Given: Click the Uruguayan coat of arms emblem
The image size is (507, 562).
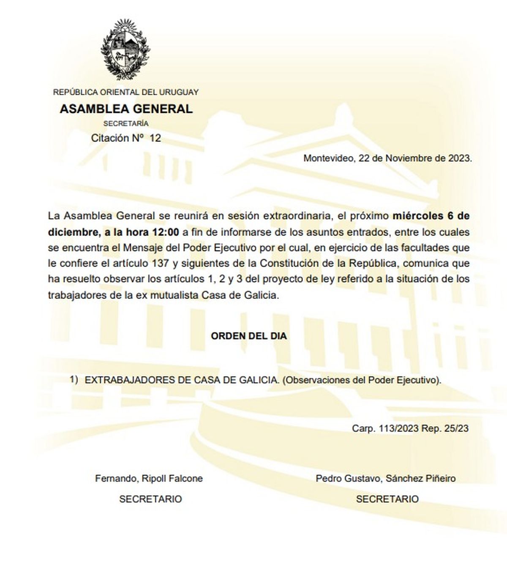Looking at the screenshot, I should (125, 49).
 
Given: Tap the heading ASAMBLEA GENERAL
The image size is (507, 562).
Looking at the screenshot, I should (126, 109).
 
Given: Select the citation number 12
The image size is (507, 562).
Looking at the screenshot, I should (155, 138).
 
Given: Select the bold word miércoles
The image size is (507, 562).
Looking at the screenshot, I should (417, 216).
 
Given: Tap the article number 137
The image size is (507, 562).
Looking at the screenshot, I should (158, 263).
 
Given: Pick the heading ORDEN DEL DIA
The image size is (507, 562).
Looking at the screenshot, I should (248, 336).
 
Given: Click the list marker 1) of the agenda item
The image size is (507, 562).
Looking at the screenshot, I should (74, 379).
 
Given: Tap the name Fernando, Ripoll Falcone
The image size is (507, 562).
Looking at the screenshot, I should (149, 478).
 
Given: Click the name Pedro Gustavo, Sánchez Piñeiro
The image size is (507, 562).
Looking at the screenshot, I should (386, 478).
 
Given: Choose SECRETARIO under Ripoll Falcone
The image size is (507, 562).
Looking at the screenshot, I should (150, 499).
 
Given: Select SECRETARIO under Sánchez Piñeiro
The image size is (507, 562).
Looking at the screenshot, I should (387, 499).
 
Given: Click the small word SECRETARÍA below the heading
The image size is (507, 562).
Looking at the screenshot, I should (126, 124).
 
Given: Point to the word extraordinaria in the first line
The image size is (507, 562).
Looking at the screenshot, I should (297, 216).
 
